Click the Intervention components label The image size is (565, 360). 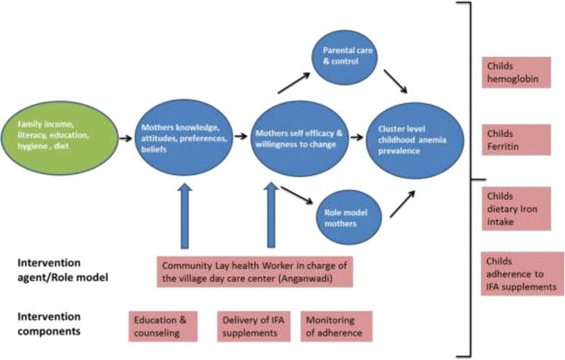(x=45, y=324)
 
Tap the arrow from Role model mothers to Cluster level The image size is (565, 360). (x=402, y=205)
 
